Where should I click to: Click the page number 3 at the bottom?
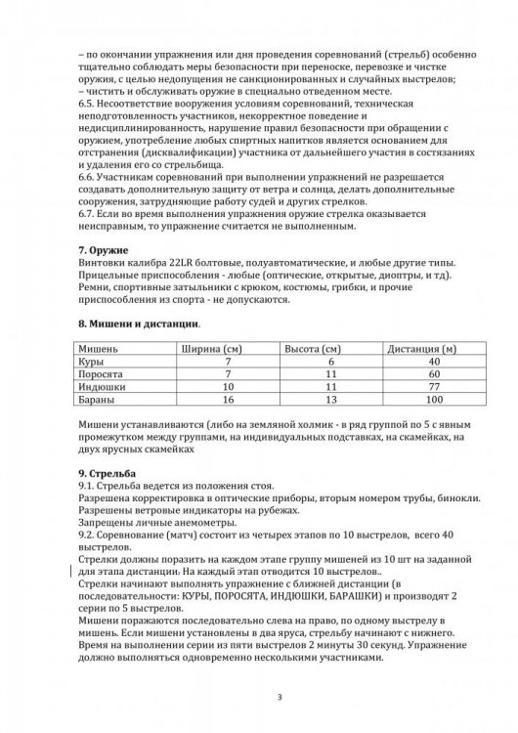point(279,696)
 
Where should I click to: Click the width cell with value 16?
point(227,400)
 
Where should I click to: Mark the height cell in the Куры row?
point(332,362)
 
